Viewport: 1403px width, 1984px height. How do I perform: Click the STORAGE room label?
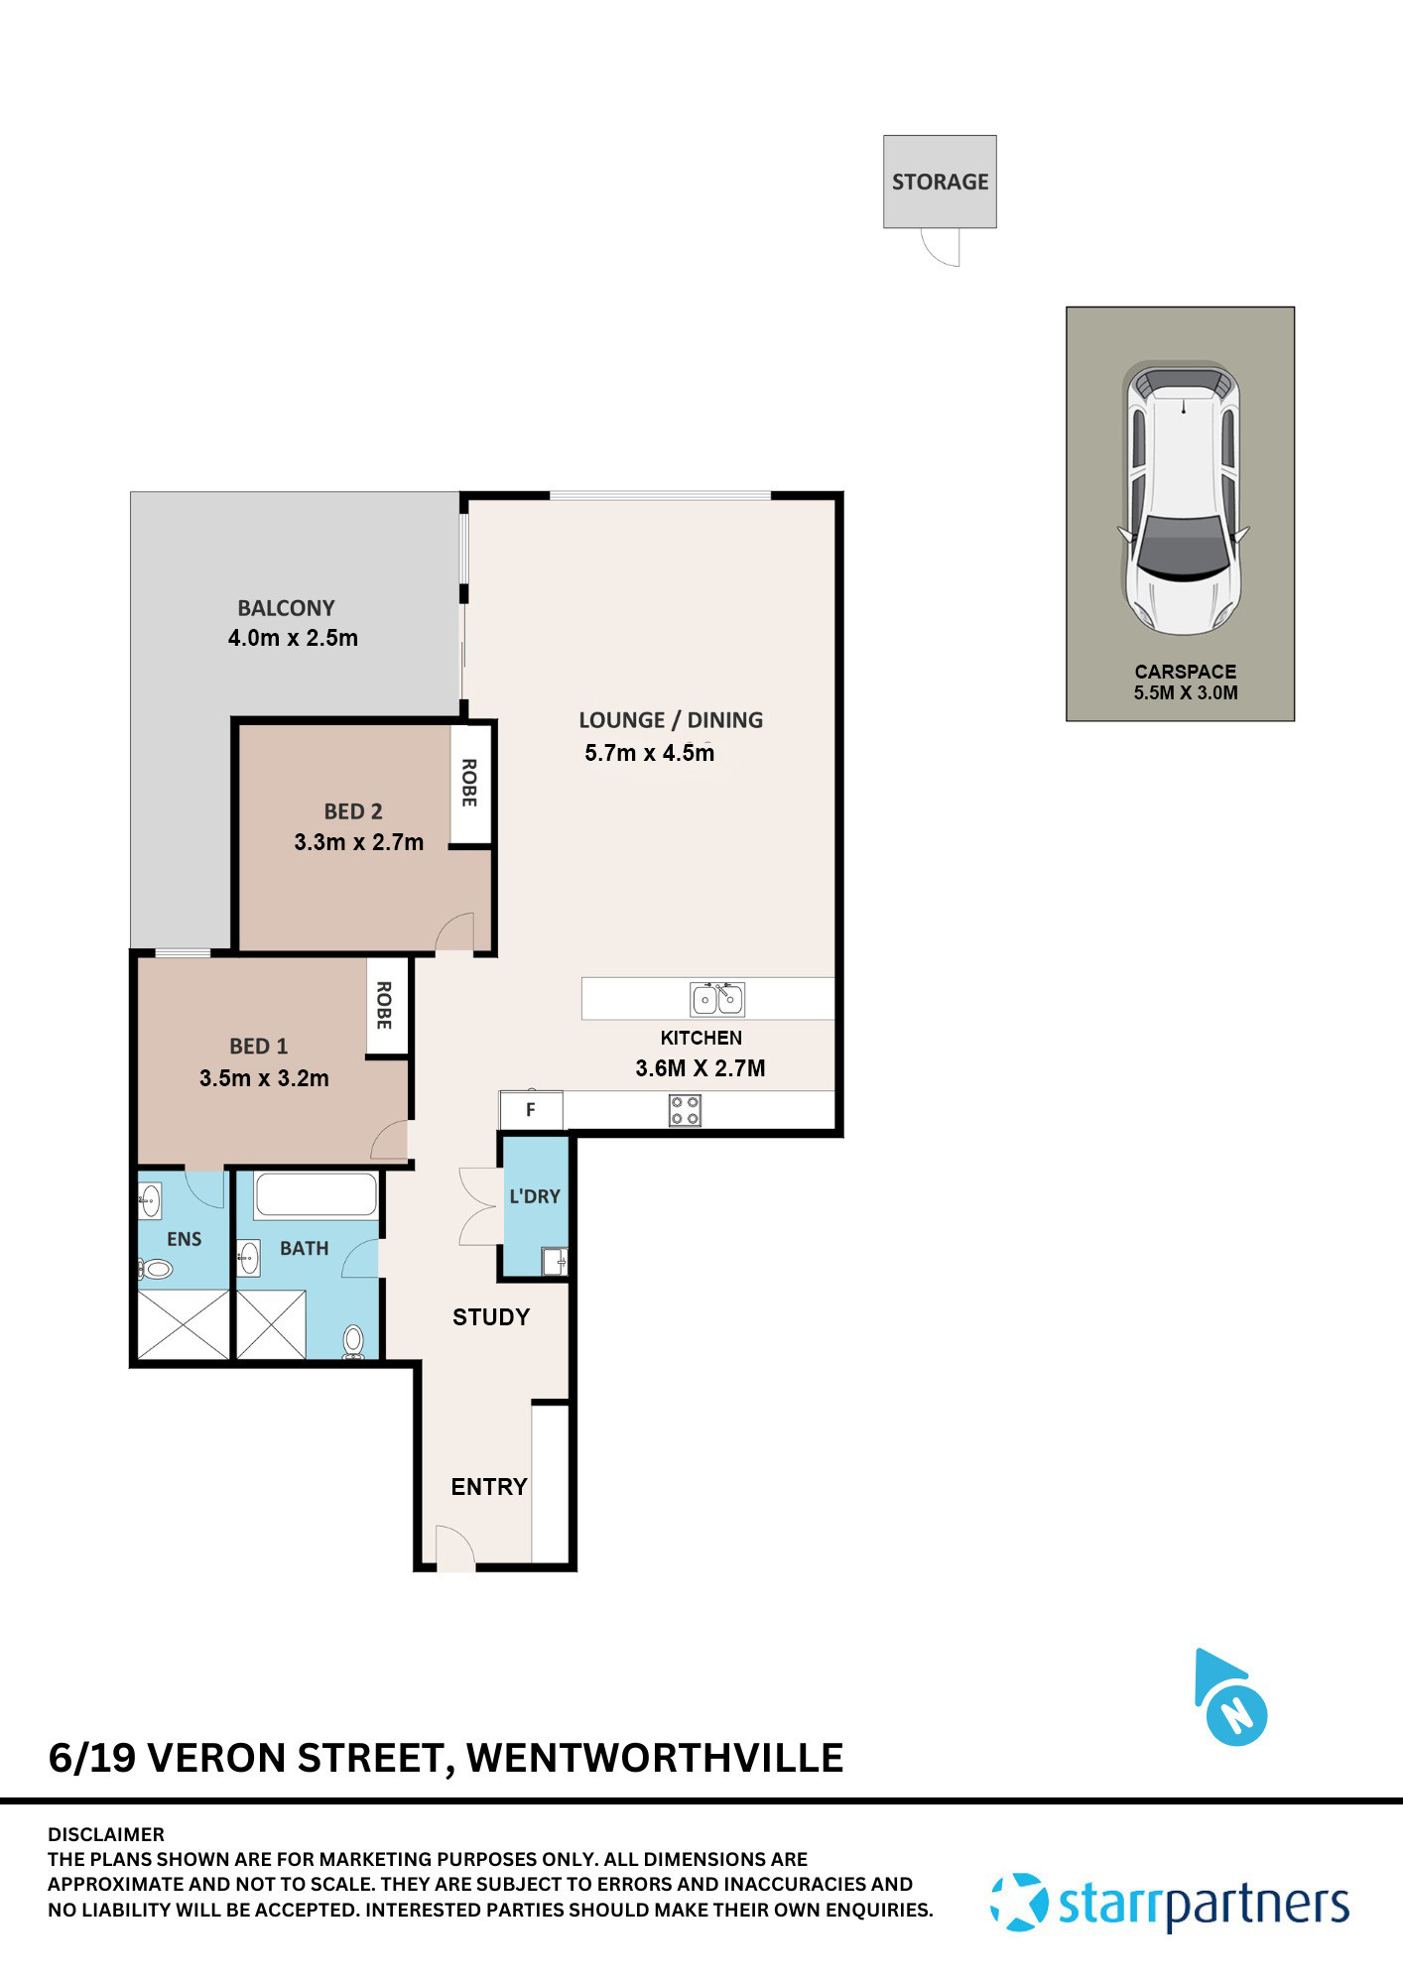pyautogui.click(x=940, y=182)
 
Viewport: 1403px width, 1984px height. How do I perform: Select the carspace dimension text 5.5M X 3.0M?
pyautogui.click(x=1186, y=693)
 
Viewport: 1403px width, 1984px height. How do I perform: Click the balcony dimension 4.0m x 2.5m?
pyautogui.click(x=293, y=638)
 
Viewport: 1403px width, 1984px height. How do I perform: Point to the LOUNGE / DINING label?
pyautogui.click(x=671, y=720)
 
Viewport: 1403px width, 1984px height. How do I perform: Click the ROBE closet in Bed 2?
pyautogui.click(x=470, y=783)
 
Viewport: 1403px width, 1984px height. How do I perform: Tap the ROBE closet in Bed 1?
pyautogui.click(x=385, y=1006)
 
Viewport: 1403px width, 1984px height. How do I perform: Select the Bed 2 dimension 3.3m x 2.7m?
pyautogui.click(x=358, y=842)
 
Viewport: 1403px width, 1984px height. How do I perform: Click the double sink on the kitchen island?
pyautogui.click(x=717, y=999)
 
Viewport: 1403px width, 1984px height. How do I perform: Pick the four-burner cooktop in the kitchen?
pyautogui.click(x=685, y=1110)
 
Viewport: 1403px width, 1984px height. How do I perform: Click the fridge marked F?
pyautogui.click(x=531, y=1110)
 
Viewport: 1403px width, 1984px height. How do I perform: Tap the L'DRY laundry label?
pyautogui.click(x=535, y=1196)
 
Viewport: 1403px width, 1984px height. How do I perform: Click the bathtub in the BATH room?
pyautogui.click(x=316, y=1194)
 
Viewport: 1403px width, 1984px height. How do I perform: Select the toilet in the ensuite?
pyautogui.click(x=156, y=1269)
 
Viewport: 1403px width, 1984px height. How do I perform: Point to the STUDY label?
pyautogui.click(x=491, y=1317)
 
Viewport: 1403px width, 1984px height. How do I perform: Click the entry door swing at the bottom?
pyautogui.click(x=454, y=1549)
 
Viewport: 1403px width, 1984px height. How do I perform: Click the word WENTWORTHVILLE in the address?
pyautogui.click(x=655, y=1758)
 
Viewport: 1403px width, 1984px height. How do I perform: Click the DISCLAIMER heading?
pyautogui.click(x=106, y=1835)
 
